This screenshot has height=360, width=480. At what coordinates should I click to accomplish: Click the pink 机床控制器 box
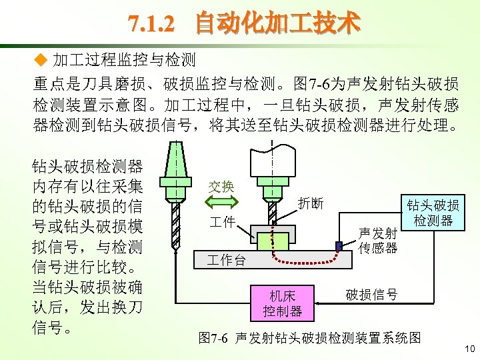(282, 303)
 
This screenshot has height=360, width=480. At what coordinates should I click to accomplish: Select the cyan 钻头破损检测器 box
(433, 213)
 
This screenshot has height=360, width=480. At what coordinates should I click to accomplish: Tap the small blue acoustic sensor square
(339, 247)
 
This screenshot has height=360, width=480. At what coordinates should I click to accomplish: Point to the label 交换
(221, 187)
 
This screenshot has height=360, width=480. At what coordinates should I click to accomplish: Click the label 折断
(311, 203)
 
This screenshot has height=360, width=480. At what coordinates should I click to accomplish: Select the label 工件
(222, 222)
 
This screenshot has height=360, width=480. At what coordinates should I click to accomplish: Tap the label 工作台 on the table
(227, 259)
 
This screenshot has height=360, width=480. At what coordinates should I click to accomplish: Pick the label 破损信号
(371, 295)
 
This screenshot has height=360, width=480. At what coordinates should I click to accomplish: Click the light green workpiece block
(273, 241)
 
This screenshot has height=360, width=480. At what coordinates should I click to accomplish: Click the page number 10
(469, 349)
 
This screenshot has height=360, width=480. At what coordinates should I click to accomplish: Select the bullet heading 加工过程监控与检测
(124, 61)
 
